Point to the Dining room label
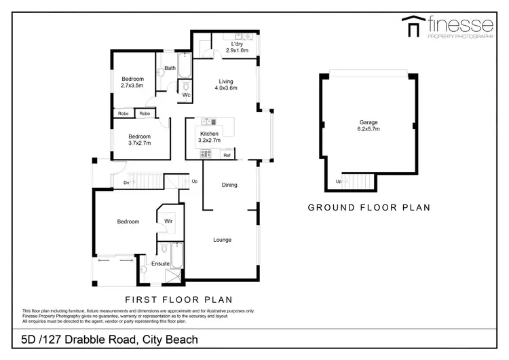click(229, 184)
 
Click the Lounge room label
click(223, 240)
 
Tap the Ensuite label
click(160, 263)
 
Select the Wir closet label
click(168, 221)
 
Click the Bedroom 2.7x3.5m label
click(132, 83)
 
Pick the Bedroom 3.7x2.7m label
click(139, 139)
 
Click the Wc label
click(185, 95)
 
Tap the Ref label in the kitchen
click(227, 156)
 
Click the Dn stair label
click(126, 182)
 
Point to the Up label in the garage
click(339, 181)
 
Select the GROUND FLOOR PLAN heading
click(369, 208)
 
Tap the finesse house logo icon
click(411, 26)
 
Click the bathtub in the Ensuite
click(174, 257)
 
